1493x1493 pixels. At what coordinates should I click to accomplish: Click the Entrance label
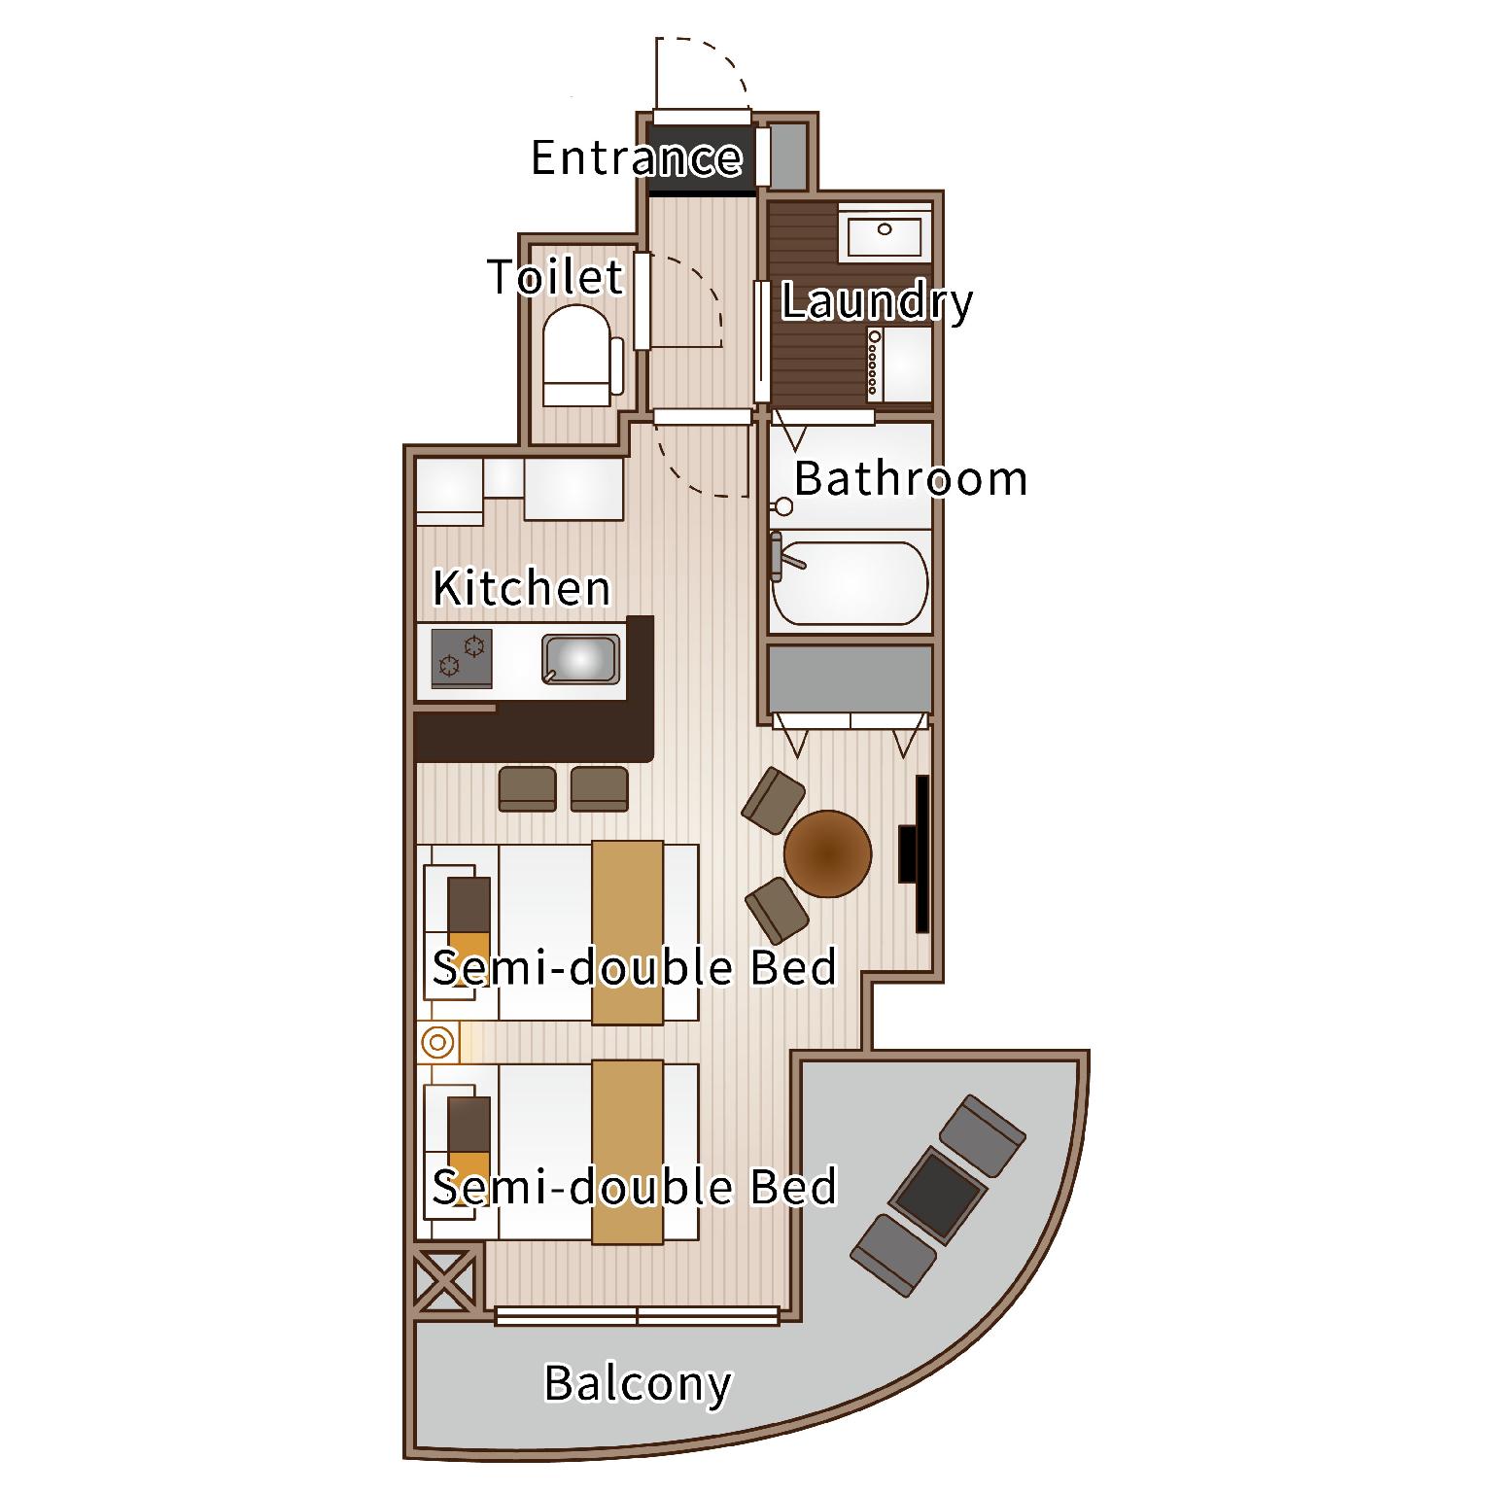pyautogui.click(x=637, y=156)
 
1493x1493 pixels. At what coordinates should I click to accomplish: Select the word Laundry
pyautogui.click(x=876, y=301)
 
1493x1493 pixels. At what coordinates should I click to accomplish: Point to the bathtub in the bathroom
pyautogui.click(x=850, y=583)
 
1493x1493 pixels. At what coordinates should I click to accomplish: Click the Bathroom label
pyautogui.click(x=910, y=478)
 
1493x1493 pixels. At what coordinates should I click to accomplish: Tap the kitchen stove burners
pyautogui.click(x=462, y=658)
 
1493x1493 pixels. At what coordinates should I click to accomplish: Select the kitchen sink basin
pyautogui.click(x=580, y=659)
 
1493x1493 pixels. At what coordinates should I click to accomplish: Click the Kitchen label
pyautogui.click(x=521, y=588)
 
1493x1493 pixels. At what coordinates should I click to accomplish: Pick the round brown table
pyautogui.click(x=827, y=853)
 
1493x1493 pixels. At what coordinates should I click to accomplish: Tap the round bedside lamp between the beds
pyautogui.click(x=437, y=1043)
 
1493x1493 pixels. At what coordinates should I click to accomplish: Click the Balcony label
pyautogui.click(x=637, y=1384)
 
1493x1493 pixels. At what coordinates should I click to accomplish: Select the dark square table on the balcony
pyautogui.click(x=939, y=1196)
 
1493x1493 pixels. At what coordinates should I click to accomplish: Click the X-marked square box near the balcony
pyautogui.click(x=446, y=1280)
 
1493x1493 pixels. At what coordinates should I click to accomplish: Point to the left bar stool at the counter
pyautogui.click(x=527, y=789)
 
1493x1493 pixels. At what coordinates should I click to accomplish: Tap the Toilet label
pyautogui.click(x=555, y=277)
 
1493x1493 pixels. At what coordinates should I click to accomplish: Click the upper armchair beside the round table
pyautogui.click(x=773, y=800)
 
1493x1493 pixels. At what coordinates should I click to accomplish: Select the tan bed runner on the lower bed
pyautogui.click(x=628, y=1151)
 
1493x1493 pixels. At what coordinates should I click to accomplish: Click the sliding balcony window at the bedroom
pyautogui.click(x=637, y=1316)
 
